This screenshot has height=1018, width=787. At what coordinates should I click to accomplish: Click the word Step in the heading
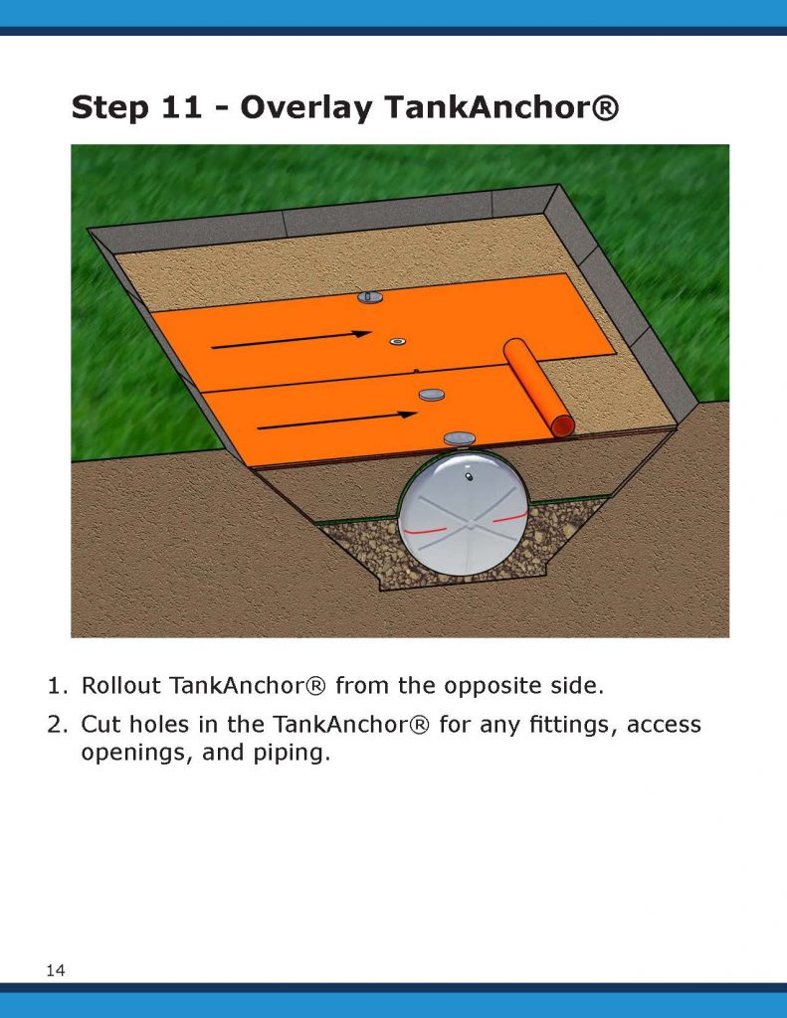(109, 107)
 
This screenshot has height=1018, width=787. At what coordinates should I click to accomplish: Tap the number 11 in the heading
(182, 106)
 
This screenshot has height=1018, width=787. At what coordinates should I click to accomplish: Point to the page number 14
(56, 970)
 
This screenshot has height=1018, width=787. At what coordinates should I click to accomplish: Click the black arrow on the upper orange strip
(292, 340)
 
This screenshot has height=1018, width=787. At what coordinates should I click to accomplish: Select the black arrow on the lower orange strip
(337, 421)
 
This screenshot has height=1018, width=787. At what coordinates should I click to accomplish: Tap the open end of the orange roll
(563, 426)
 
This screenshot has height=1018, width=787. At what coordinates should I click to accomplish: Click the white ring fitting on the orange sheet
(397, 342)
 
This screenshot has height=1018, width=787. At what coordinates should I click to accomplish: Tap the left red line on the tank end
(425, 531)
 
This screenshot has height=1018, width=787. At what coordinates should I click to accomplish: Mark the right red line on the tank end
(508, 517)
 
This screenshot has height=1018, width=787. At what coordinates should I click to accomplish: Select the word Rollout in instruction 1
(120, 686)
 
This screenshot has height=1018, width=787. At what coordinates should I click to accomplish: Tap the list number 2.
(57, 725)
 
